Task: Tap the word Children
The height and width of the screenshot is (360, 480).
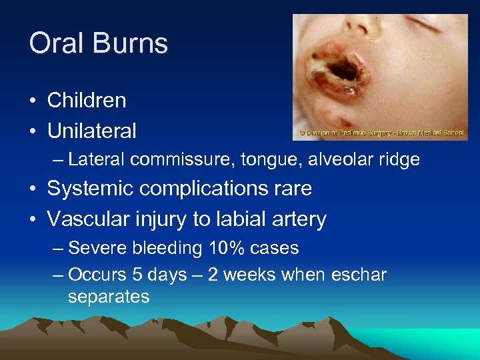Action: coord(86,101)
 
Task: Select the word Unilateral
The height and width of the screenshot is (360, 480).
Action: coord(91,131)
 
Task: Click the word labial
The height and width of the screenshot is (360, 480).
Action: coord(235,219)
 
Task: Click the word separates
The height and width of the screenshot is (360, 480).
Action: coord(109,297)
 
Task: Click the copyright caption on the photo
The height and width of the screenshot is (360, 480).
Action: coord(381,133)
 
